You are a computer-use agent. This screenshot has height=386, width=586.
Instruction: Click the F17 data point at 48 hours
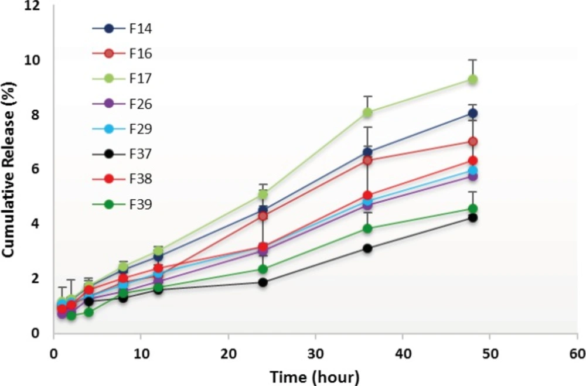[472, 79]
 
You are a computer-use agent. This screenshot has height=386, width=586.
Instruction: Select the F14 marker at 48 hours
[472, 113]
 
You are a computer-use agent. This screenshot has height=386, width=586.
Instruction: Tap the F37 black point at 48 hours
[472, 218]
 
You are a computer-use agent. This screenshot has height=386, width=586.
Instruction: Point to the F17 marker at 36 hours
[367, 112]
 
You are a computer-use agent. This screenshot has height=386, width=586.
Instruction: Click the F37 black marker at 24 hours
[263, 282]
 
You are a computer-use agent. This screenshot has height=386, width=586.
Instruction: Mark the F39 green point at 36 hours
[367, 228]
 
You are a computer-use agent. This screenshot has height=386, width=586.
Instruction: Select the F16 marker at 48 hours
[472, 141]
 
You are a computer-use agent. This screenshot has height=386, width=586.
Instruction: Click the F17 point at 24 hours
[263, 194]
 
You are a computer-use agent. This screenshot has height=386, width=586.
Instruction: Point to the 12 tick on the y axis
[39, 6]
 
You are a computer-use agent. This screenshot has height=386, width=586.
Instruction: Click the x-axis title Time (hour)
[314, 375]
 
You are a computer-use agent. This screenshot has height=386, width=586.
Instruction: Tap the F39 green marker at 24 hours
[263, 269]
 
